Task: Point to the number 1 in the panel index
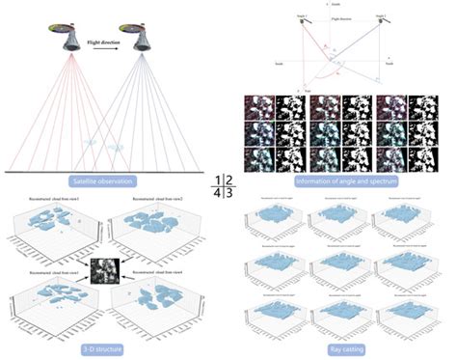tap(221, 179)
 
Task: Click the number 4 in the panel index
tap(221, 192)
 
